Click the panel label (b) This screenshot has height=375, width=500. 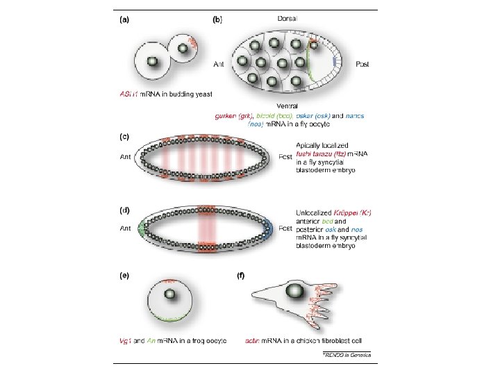217,21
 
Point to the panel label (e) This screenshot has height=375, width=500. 124,276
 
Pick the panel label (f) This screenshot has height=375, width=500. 240,276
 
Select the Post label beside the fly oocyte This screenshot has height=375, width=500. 362,65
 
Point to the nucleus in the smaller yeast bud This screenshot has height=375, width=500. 184,48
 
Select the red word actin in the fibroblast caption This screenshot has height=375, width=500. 253,340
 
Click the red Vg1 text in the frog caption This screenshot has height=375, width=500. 124,340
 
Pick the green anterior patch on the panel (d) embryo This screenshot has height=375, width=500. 143,227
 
